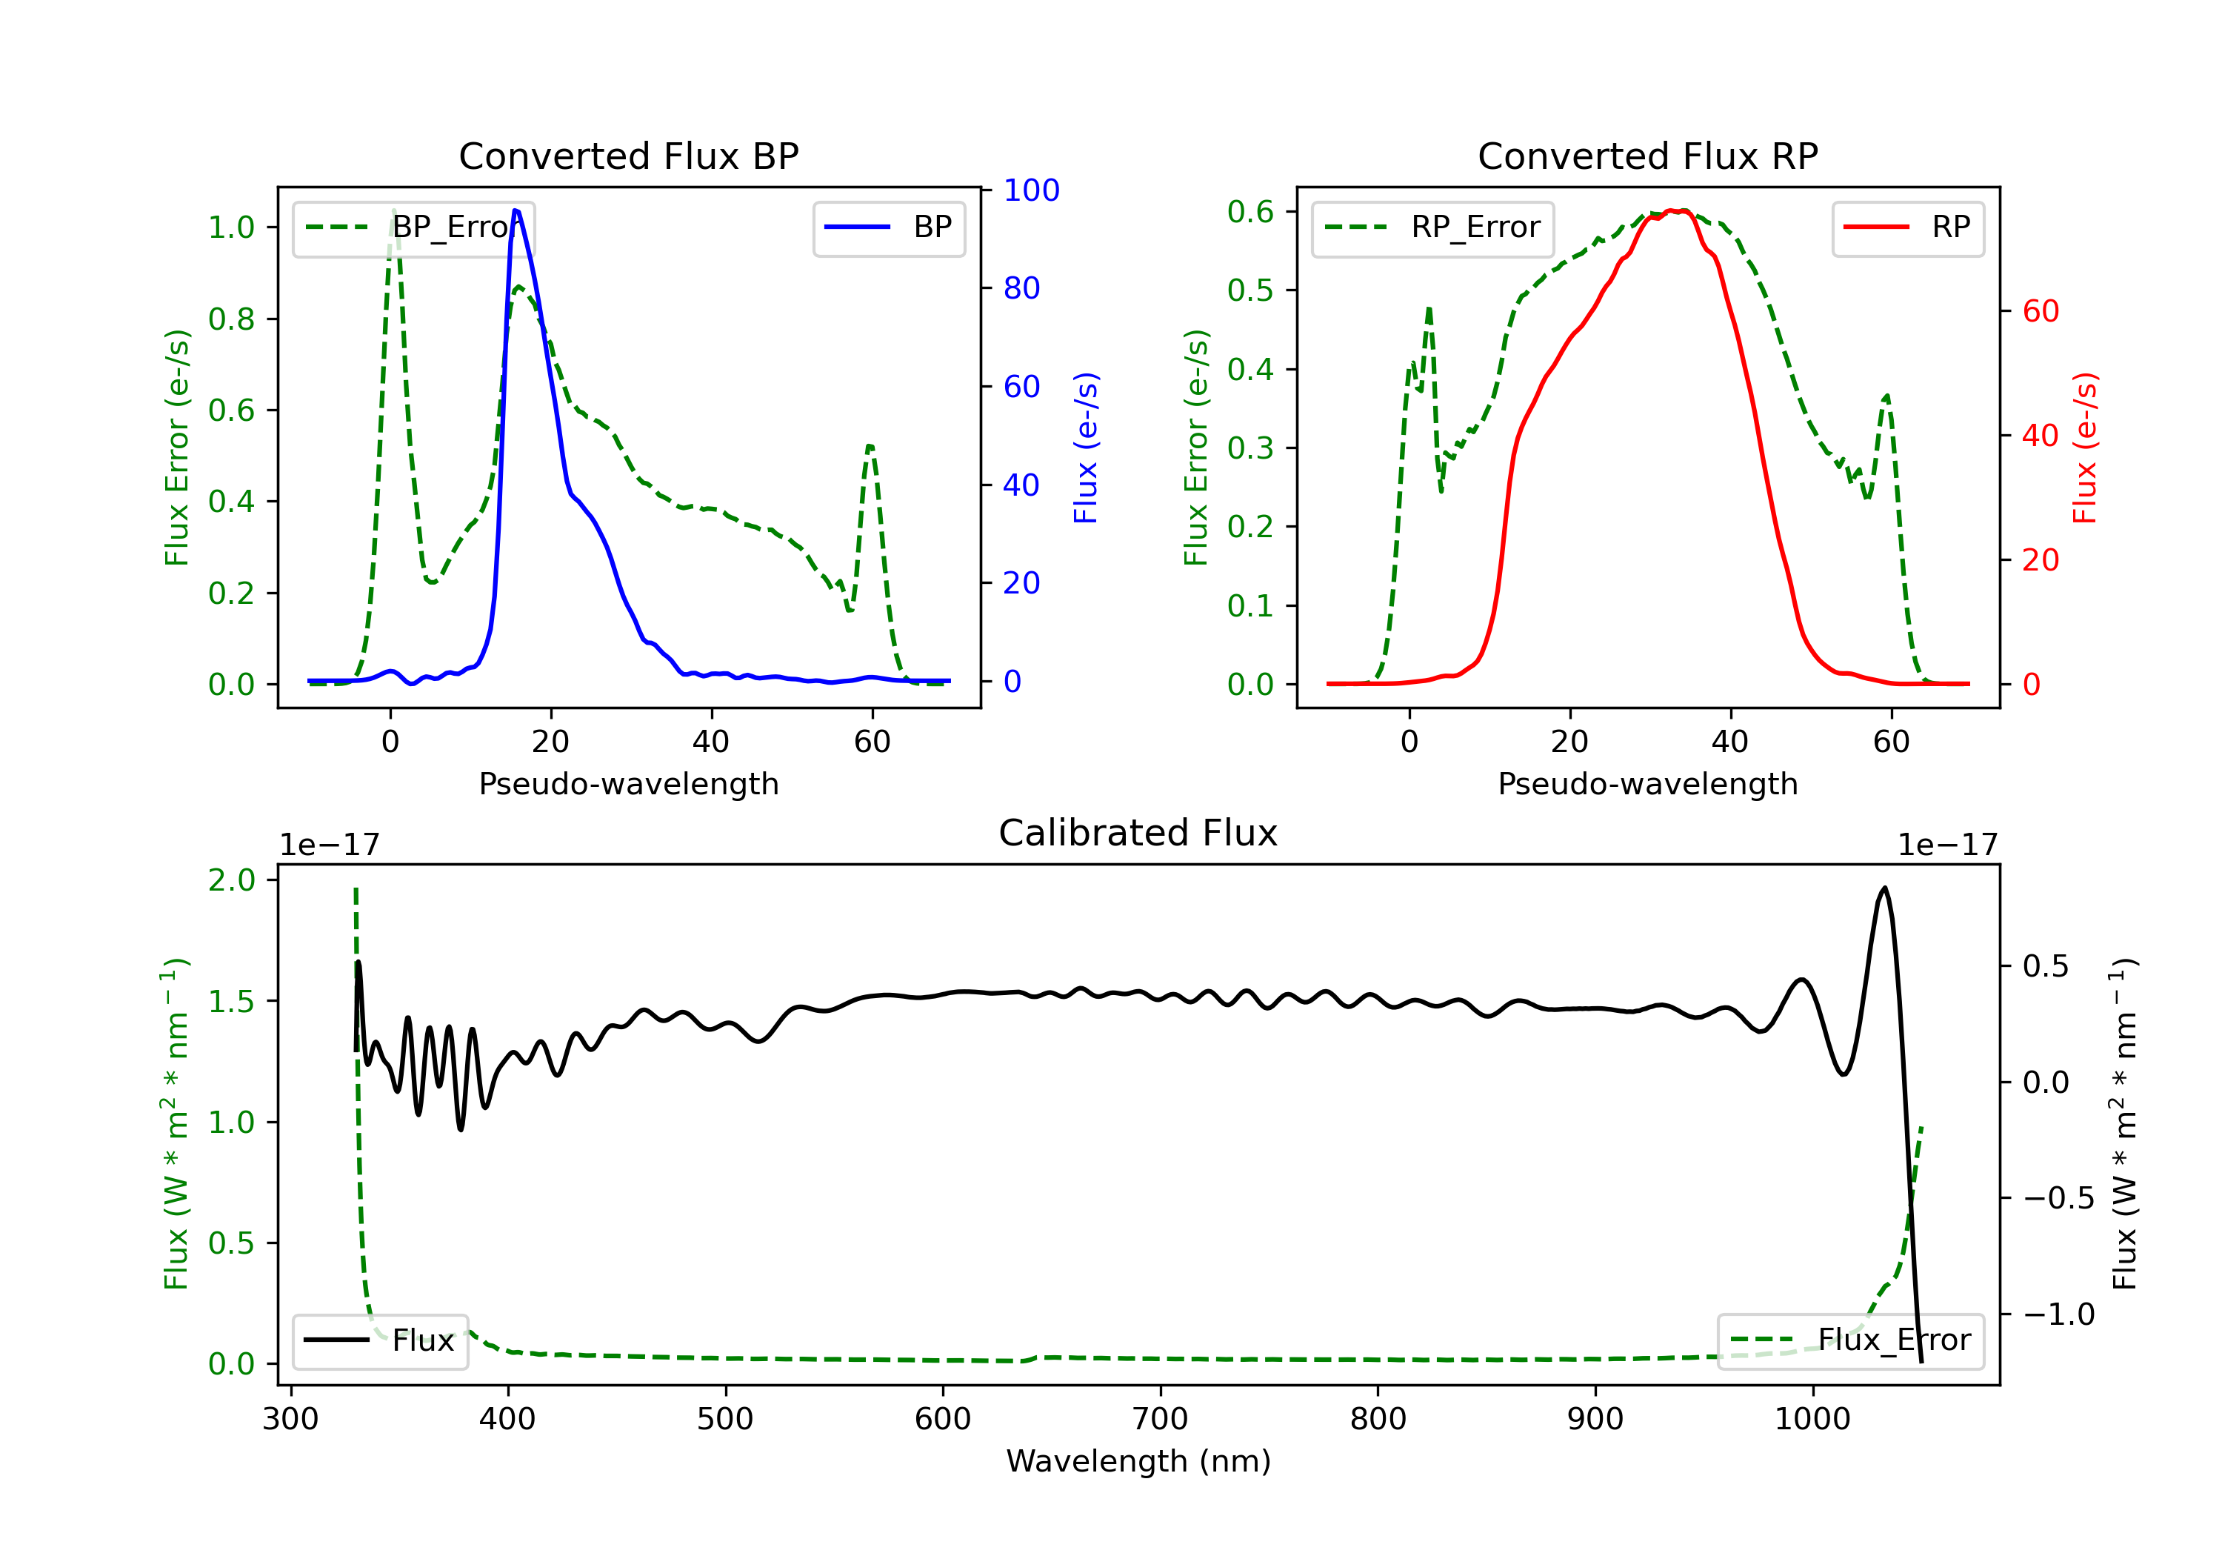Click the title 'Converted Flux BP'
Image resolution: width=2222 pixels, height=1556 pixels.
(x=628, y=156)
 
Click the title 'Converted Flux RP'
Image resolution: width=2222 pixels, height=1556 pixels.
(x=1647, y=156)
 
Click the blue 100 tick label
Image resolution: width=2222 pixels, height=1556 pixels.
(x=1031, y=190)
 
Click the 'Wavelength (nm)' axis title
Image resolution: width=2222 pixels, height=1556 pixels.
(x=1138, y=1461)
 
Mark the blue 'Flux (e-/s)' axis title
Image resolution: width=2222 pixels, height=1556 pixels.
(x=1086, y=448)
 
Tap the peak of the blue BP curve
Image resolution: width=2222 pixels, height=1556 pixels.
(x=516, y=210)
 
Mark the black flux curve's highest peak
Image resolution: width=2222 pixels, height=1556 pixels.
(x=1884, y=888)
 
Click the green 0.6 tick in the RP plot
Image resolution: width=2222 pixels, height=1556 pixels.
(x=1250, y=212)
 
